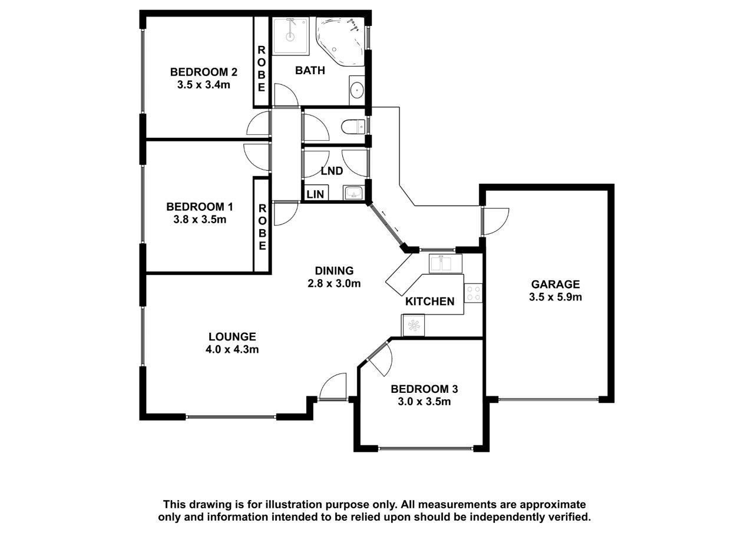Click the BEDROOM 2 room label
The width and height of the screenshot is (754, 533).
point(204,72)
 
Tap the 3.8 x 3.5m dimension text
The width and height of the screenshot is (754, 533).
point(200,220)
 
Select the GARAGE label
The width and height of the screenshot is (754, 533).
point(555,284)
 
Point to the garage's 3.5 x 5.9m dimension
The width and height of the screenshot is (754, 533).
point(555,297)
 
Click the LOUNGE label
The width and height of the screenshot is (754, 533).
point(232,336)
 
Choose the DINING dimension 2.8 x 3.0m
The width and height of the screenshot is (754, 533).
point(334,283)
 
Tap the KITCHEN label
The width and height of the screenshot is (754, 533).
point(430,302)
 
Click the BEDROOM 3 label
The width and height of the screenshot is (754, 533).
point(424,389)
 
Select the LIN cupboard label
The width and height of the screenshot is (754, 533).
point(315,194)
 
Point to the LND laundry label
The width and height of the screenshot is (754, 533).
point(332,171)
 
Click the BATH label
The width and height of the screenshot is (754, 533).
point(310,71)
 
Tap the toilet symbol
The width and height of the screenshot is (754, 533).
point(353,127)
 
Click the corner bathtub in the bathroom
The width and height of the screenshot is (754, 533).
point(340,41)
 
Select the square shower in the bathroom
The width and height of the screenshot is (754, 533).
point(290,37)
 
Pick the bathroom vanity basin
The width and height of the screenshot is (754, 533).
point(357,90)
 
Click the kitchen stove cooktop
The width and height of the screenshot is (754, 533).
point(473,293)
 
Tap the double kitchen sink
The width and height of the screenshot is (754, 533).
point(445,263)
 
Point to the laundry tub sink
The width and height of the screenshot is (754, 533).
point(353,193)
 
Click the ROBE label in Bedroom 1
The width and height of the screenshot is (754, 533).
point(262,227)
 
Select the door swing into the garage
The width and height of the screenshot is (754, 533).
point(495,221)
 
